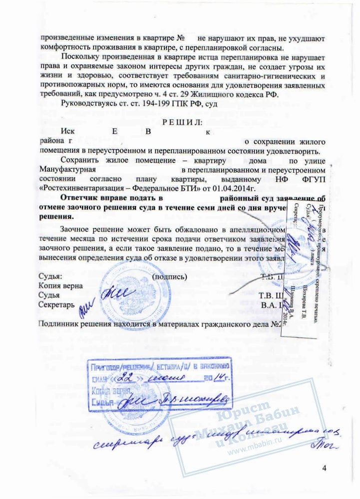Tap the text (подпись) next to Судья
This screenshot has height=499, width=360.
pos(170,276)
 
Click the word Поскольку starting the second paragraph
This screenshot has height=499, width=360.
pos(81,57)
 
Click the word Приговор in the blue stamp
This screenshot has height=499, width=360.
pos(106,368)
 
